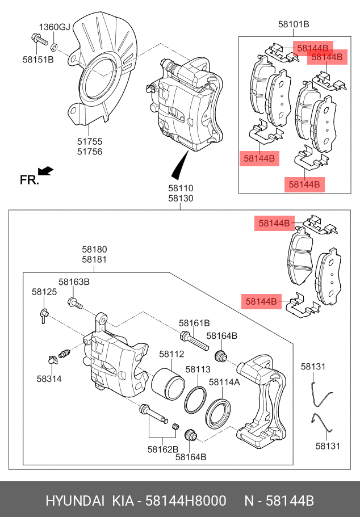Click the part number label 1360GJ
point(55,27)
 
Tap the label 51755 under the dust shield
point(90,141)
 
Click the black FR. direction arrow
point(45,171)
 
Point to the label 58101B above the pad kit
point(294,24)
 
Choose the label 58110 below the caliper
point(181,188)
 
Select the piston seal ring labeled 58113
point(195,400)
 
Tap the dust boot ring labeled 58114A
point(218,414)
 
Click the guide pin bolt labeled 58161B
point(194,341)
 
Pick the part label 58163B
point(74,282)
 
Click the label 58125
point(44,292)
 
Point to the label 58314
point(49,379)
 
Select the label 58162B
point(163,449)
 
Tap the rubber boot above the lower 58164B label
point(191,435)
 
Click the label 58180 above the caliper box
point(94,249)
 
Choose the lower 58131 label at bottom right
point(328,446)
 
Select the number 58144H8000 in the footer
point(186,501)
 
